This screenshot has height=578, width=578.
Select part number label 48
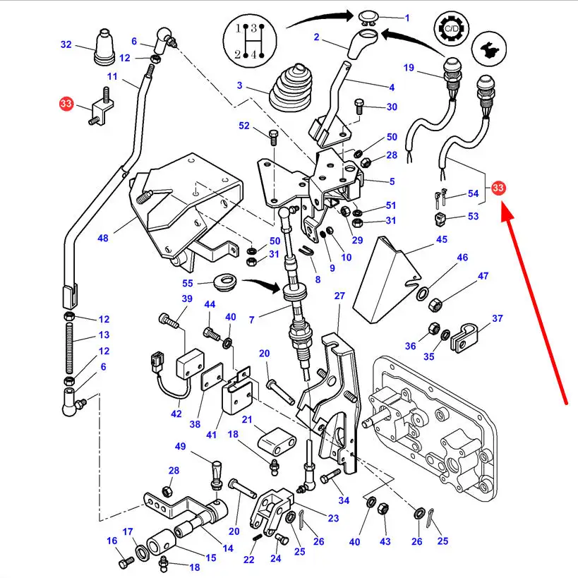pyautogui.click(x=104, y=238)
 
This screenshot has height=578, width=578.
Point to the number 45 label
pyautogui.click(x=442, y=239)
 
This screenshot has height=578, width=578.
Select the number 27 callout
pyautogui.click(x=339, y=296)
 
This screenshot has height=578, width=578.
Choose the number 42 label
pyautogui.click(x=176, y=414)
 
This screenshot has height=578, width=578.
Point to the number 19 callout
pyautogui.click(x=408, y=68)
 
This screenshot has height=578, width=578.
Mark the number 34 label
pyautogui.click(x=344, y=500)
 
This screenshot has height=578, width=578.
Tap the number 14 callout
pyautogui.click(x=227, y=548)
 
